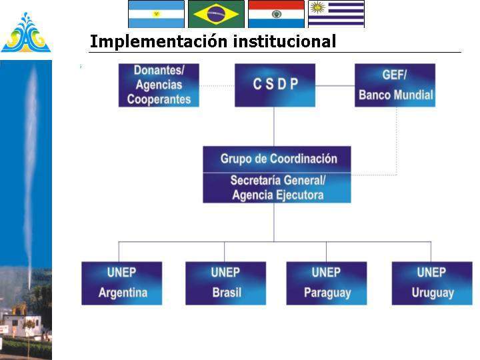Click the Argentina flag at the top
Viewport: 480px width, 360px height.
(x=156, y=13)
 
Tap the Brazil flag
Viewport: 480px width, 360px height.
(x=216, y=13)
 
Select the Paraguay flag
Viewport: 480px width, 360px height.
(x=276, y=13)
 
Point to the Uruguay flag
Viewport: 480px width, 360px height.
(x=336, y=13)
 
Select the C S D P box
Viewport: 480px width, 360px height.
(x=275, y=85)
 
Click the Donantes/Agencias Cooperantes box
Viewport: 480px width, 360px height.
(x=159, y=85)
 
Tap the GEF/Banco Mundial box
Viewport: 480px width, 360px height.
(x=395, y=85)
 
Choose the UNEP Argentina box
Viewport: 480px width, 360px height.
(x=121, y=283)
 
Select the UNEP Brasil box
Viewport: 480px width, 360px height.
(x=225, y=283)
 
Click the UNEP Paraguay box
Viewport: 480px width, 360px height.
(x=326, y=283)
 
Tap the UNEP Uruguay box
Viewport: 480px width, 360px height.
(x=431, y=283)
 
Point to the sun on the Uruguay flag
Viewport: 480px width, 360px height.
(x=318, y=8)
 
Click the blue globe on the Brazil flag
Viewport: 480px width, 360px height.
(x=216, y=13)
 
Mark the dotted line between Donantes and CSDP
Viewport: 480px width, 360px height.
(x=217, y=86)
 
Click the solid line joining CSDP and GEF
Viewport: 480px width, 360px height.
(x=335, y=86)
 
